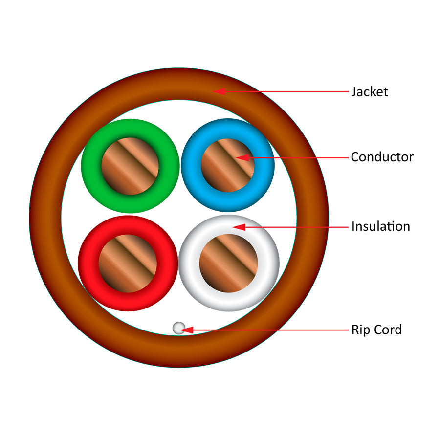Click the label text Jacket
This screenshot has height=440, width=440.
pyautogui.click(x=369, y=91)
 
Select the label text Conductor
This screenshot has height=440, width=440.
pyautogui.click(x=382, y=157)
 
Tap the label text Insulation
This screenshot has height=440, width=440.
pyautogui.click(x=380, y=226)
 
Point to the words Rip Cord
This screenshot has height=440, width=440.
pyautogui.click(x=376, y=330)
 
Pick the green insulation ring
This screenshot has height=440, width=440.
pyautogui.click(x=91, y=166)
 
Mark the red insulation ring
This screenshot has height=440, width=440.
pyautogui.click(x=88, y=263)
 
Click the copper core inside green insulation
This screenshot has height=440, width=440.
pyautogui.click(x=130, y=166)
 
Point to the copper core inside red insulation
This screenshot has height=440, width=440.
pyautogui.click(x=128, y=263)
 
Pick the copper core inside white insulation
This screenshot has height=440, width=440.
pyautogui.click(x=228, y=263)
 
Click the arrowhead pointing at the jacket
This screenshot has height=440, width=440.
pyautogui.click(x=220, y=91)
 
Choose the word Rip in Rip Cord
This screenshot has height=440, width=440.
pyautogui.click(x=359, y=330)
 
